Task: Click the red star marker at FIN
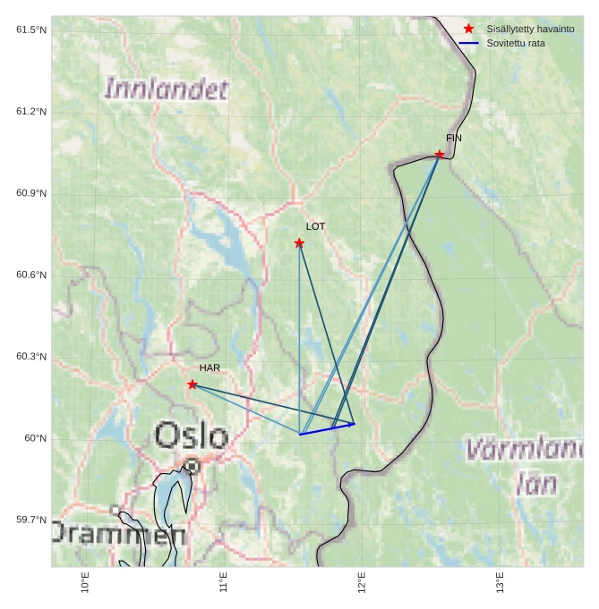point(440,155)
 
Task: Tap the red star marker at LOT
point(299,243)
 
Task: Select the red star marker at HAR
point(193,385)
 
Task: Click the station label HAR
point(210,368)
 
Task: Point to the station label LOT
point(315,227)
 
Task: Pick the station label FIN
point(454,138)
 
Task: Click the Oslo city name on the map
point(191,436)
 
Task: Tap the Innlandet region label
point(167,89)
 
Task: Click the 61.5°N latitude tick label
point(31,30)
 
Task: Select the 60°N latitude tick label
point(35,438)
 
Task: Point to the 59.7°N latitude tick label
point(31,520)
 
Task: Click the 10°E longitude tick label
point(85,582)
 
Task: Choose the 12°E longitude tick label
point(362,582)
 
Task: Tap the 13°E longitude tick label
point(501,582)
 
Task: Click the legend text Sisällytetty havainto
point(530,30)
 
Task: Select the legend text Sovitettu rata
point(516,43)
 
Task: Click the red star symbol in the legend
point(468,30)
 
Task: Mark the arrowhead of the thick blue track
point(353,424)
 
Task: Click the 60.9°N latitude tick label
point(31,194)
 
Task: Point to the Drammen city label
point(116,535)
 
